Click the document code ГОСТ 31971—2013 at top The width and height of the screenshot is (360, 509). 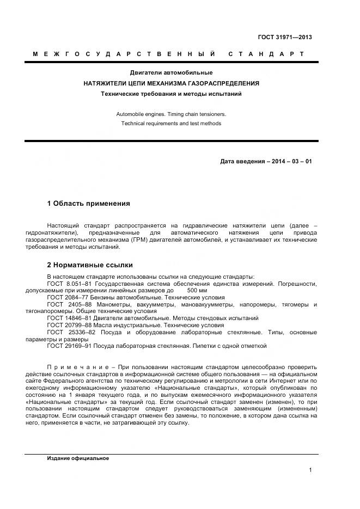[285, 37]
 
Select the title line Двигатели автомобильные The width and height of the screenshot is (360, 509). [171, 72]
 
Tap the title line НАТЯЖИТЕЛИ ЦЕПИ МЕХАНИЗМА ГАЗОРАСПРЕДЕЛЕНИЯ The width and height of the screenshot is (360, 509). [171, 83]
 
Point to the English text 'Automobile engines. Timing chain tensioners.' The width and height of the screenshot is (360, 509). [171, 114]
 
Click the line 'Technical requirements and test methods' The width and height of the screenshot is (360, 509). [171, 124]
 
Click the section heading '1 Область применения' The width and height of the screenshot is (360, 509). [88, 203]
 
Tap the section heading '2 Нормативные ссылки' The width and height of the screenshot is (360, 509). [90, 266]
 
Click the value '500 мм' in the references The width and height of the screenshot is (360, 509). [197, 291]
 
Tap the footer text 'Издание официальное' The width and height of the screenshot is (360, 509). [78, 458]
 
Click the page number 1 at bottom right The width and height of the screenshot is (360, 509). [310, 470]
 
